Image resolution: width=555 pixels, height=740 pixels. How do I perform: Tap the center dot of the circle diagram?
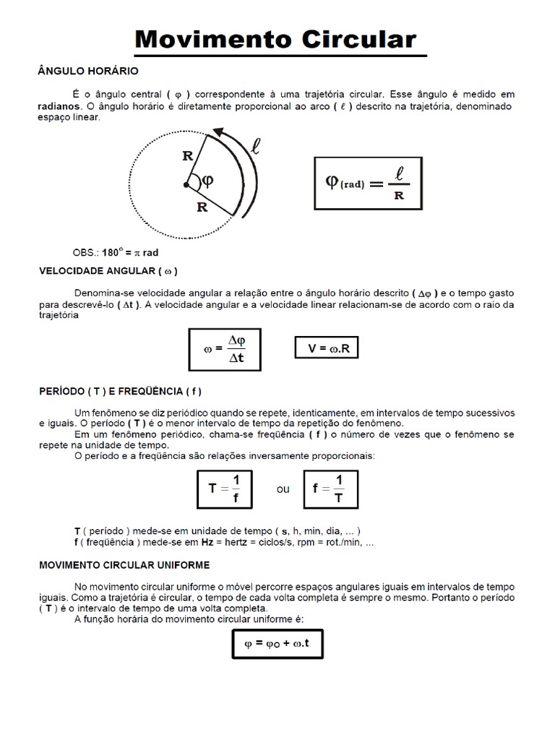(186, 186)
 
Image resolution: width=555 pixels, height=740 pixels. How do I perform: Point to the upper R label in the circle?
(189, 154)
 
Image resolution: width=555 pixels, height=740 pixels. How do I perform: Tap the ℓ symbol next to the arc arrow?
(255, 148)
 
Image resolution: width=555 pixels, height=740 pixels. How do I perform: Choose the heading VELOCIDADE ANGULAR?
(108, 271)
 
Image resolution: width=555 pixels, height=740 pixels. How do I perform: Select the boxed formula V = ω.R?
(327, 348)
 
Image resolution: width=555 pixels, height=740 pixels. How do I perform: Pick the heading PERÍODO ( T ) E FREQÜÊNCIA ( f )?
(119, 391)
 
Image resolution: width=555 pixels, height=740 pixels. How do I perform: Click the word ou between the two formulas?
(283, 489)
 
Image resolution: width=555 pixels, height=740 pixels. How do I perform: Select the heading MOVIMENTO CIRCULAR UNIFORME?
(124, 564)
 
